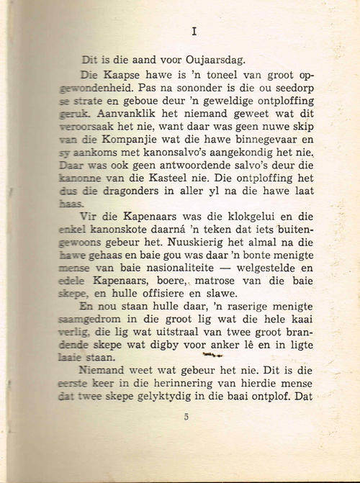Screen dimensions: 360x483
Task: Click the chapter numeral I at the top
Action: pos(196,31)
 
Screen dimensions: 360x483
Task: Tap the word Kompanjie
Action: pos(136,140)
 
